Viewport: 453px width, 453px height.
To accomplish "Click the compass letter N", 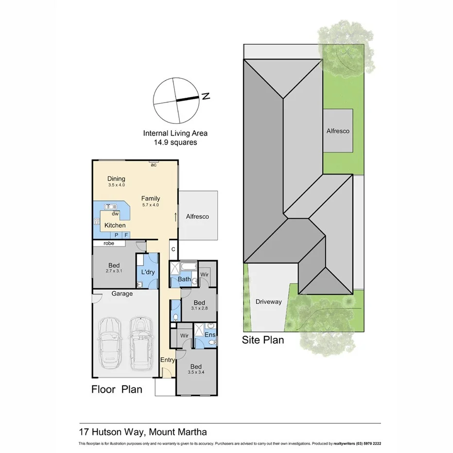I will point(206,96).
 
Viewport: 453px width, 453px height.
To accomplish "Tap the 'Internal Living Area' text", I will point(175,133).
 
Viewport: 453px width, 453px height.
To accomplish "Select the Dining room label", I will point(116,179).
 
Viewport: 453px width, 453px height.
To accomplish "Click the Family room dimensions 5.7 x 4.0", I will point(150,205).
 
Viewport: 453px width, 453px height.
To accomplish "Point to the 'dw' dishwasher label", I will point(115,213).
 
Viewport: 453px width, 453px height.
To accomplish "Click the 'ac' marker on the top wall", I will point(153,165).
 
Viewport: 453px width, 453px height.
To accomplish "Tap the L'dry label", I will point(147,272).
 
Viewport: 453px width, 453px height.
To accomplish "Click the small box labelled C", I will point(173,249).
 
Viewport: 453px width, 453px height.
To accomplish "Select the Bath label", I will point(184,279).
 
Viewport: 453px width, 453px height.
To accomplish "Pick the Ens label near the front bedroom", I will point(210,334).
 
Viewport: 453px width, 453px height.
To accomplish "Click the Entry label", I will point(168,360).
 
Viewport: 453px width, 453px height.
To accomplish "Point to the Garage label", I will point(122,294).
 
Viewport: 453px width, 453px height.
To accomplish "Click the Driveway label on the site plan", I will point(268,302).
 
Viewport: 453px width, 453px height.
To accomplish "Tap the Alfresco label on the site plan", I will point(338,131).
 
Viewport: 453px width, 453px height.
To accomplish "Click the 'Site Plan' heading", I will point(262,340).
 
